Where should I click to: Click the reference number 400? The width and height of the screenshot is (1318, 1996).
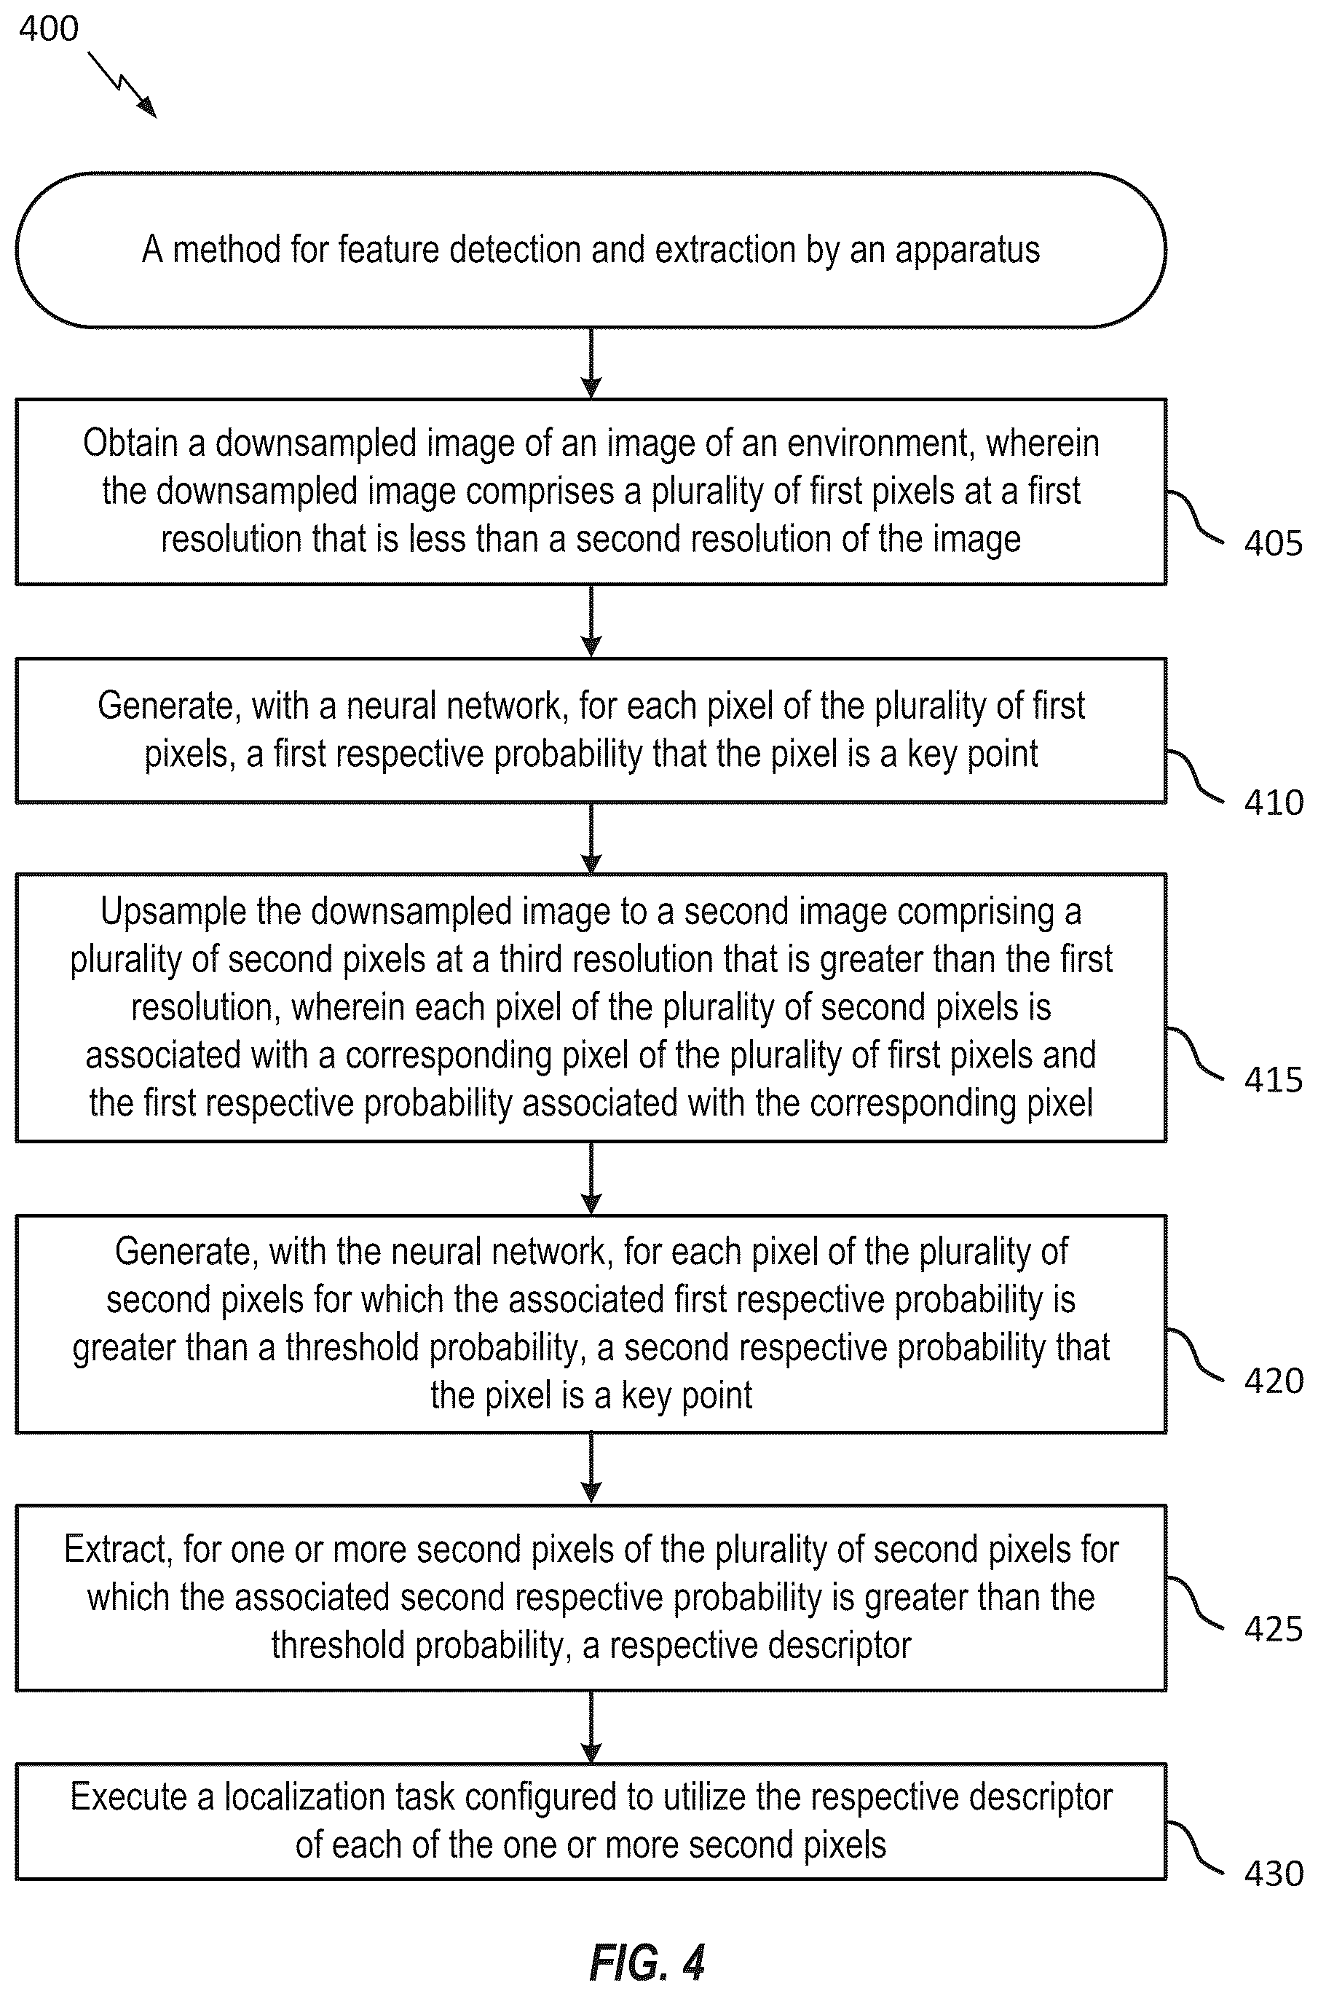tap(49, 29)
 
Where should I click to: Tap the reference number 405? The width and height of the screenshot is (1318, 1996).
tap(1273, 543)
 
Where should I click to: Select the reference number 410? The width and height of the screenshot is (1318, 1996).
tap(1273, 802)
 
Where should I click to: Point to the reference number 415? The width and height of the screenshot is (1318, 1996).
tap(1273, 1080)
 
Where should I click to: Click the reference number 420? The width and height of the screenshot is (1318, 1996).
tap(1273, 1381)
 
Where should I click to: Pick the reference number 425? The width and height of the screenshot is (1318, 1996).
tap(1273, 1629)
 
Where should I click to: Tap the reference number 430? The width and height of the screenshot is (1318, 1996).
tap(1273, 1874)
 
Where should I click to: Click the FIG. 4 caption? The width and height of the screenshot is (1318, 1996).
tap(647, 1963)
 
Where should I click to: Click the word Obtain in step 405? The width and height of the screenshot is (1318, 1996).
tap(131, 443)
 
